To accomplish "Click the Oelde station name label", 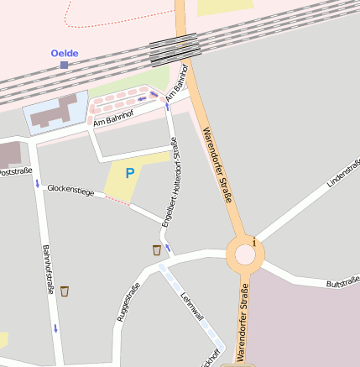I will tap(65, 54).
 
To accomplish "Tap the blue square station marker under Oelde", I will tap(64, 65).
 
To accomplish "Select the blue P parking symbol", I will tap(129, 173).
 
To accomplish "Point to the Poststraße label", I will tap(15, 172).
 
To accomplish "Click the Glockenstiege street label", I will tap(70, 191).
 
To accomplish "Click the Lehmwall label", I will tap(192, 306).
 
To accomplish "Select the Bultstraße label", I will tap(342, 279).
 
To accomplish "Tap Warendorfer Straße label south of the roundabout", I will tap(242, 323).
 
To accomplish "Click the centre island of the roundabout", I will tap(244, 254).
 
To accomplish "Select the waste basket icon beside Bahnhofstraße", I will tap(65, 291).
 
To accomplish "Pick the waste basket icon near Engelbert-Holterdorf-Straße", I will tap(157, 249).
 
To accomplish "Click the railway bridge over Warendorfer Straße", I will tap(175, 50).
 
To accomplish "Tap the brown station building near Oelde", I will tap(54, 113).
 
